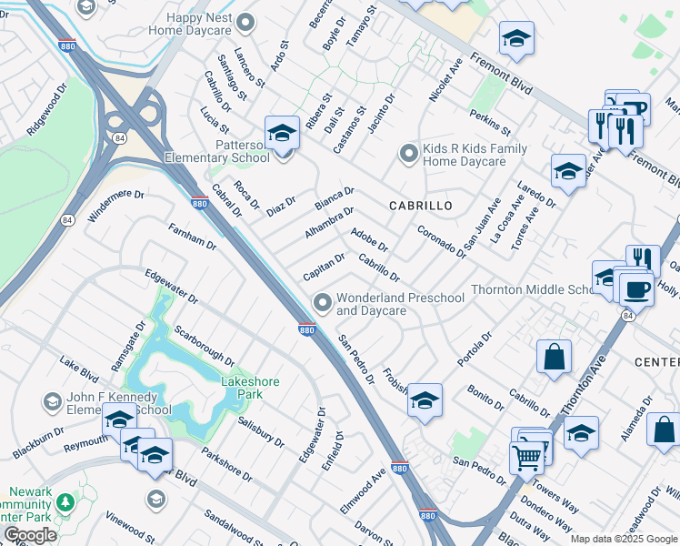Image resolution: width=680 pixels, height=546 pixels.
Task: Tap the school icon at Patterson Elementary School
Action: tap(282, 135)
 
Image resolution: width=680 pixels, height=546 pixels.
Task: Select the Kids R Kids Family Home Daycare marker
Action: tap(409, 154)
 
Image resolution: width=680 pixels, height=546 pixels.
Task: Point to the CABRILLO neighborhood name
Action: tap(420, 206)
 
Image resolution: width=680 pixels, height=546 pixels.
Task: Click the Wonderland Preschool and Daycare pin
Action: tap(322, 302)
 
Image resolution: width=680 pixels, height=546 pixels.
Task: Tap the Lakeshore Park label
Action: tap(250, 388)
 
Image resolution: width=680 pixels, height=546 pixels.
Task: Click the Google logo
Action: tap(30, 535)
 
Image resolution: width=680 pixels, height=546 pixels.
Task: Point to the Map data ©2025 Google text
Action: tap(624, 539)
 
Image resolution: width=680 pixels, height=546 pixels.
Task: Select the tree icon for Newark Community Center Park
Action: tap(65, 502)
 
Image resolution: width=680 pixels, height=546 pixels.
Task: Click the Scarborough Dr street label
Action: tap(205, 346)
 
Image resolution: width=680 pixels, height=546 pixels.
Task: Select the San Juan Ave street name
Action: tap(482, 226)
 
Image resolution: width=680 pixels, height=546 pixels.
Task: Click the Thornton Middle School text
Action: tap(532, 290)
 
